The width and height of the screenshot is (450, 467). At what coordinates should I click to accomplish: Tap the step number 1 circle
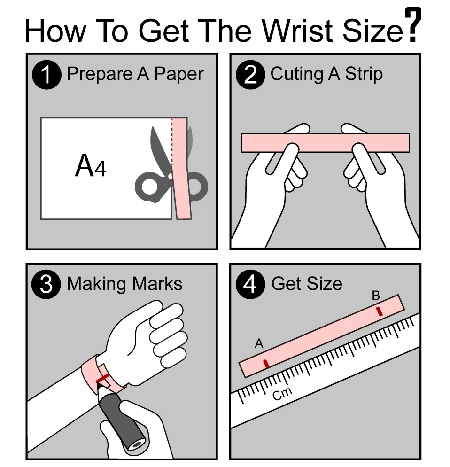(47, 74)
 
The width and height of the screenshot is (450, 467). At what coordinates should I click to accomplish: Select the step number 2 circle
(250, 74)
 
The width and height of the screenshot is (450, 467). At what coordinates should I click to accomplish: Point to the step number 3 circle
(46, 284)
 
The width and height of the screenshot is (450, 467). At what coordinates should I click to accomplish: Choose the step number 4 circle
(250, 284)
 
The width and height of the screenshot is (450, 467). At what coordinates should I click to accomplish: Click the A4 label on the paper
(91, 165)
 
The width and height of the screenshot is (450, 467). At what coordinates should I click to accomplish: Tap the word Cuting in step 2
(297, 74)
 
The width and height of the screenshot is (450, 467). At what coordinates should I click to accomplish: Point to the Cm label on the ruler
(282, 394)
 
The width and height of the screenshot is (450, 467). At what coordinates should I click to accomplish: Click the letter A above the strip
(259, 344)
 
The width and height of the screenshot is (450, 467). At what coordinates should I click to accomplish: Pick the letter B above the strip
(376, 296)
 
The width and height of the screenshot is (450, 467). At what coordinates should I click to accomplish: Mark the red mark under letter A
(266, 364)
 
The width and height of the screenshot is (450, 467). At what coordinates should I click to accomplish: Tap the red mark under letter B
(380, 311)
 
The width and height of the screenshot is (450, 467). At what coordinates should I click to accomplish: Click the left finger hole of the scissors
(148, 187)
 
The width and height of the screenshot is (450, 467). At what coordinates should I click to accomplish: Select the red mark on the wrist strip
(102, 379)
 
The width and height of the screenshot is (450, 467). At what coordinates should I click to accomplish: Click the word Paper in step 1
(179, 74)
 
